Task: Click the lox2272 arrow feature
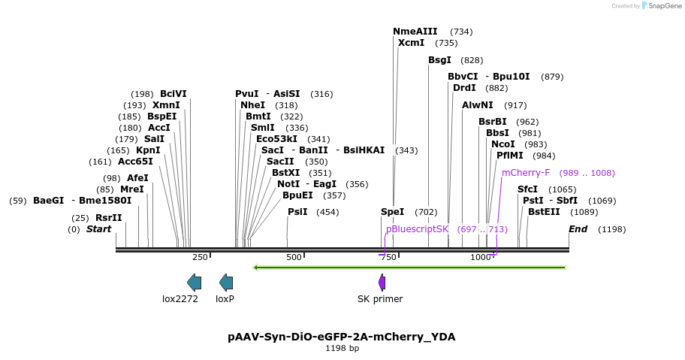click(x=194, y=283)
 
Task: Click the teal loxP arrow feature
click(x=226, y=283)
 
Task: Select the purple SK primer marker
click(x=382, y=283)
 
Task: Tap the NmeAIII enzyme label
click(x=415, y=32)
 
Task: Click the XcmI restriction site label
click(x=411, y=43)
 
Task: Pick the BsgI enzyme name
click(x=439, y=60)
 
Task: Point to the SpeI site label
click(x=392, y=212)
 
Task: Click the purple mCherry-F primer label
click(x=526, y=173)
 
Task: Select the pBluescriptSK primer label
click(x=417, y=229)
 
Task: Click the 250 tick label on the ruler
click(x=200, y=257)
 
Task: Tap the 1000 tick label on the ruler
click(x=481, y=257)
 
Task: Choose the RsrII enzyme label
click(x=108, y=218)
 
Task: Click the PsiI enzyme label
click(x=297, y=212)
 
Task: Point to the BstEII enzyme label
click(x=544, y=212)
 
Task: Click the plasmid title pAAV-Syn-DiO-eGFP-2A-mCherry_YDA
click(x=342, y=337)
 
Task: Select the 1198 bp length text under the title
click(x=342, y=349)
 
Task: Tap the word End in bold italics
click(x=578, y=229)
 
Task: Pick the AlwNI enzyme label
click(x=478, y=105)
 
